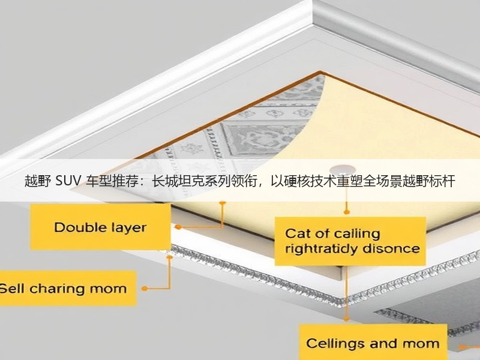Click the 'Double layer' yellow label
(x=100, y=227)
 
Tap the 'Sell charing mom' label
(x=67, y=288)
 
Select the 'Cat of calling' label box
(x=350, y=241)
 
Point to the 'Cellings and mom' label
(x=373, y=342)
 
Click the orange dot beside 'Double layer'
(x=178, y=227)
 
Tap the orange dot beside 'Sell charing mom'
(x=145, y=288)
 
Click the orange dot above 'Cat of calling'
(x=347, y=212)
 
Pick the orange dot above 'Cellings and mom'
(x=347, y=319)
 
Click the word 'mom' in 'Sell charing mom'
(x=111, y=289)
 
